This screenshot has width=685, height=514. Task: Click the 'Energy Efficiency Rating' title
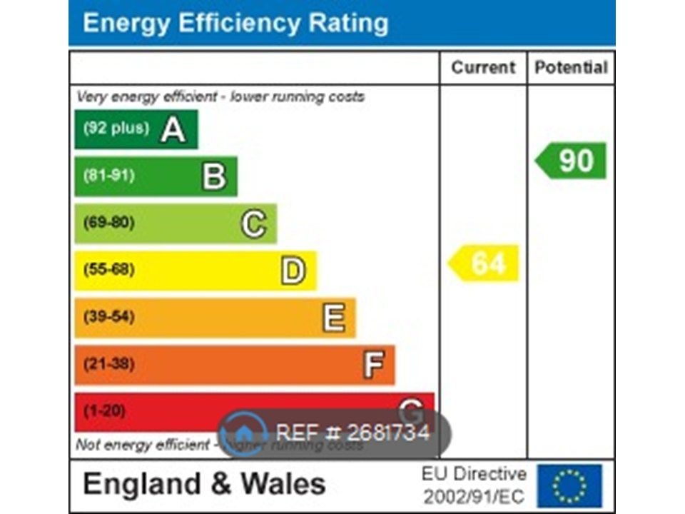[235, 23]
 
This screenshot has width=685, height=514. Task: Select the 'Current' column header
[483, 68]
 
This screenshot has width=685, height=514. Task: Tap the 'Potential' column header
[571, 68]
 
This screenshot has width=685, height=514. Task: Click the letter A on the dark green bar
[173, 129]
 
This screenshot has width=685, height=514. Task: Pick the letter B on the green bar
[214, 176]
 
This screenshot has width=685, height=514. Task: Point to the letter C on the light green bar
[253, 224]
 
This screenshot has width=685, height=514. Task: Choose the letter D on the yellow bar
[293, 271]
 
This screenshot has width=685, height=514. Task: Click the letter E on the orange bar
[333, 318]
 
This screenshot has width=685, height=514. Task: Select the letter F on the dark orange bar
[373, 365]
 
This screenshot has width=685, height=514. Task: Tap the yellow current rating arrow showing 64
[484, 263]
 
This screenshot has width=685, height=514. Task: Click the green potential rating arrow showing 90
[572, 161]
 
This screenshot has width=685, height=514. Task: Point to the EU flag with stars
[569, 485]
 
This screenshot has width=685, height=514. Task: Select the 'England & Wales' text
[204, 484]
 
